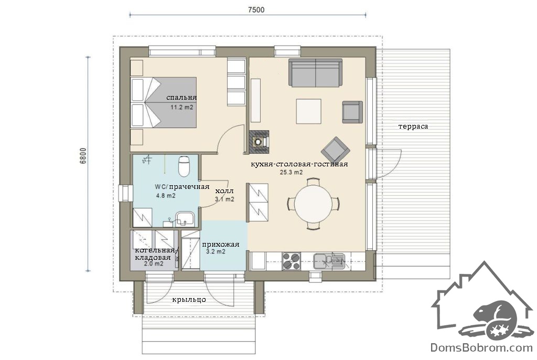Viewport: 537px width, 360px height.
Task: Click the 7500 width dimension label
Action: pyautogui.click(x=256, y=9)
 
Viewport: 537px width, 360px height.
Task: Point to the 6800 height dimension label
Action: pyautogui.click(x=83, y=156)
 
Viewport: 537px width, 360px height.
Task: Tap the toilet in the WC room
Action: pyautogui.click(x=184, y=166)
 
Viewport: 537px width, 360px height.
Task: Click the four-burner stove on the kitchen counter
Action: pyautogui.click(x=291, y=261)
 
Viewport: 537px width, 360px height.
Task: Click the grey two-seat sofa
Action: pyautogui.click(x=315, y=72)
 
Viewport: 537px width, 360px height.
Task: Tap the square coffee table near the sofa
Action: pyautogui.click(x=308, y=111)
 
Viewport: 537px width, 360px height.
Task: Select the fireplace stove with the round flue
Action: pyautogui.click(x=259, y=141)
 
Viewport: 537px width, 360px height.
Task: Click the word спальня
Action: pyautogui.click(x=181, y=98)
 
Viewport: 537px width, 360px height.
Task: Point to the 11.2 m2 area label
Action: pyautogui.click(x=182, y=107)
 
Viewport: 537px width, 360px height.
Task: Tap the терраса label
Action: pyautogui.click(x=413, y=126)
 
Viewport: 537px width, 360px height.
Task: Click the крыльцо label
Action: pyautogui.click(x=189, y=300)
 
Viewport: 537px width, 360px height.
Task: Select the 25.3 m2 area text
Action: pyautogui.click(x=291, y=172)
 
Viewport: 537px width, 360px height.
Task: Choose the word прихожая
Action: pyautogui.click(x=221, y=245)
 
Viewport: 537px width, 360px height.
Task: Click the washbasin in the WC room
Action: pyautogui.click(x=185, y=218)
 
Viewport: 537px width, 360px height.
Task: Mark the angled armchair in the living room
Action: pyautogui.click(x=335, y=151)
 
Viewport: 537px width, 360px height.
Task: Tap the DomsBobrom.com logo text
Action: pyautogui.click(x=481, y=347)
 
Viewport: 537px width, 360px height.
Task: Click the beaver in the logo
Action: pyautogui.click(x=496, y=314)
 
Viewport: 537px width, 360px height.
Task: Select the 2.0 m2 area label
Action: pyautogui.click(x=154, y=263)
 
